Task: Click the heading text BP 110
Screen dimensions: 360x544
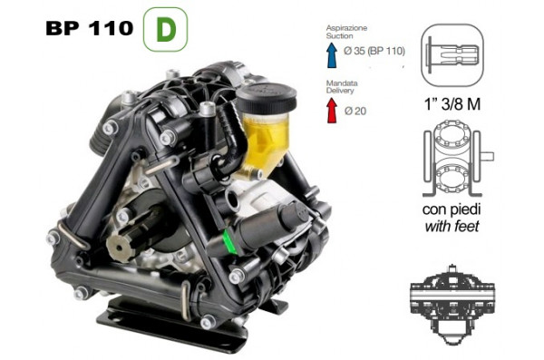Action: (x=87, y=29)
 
